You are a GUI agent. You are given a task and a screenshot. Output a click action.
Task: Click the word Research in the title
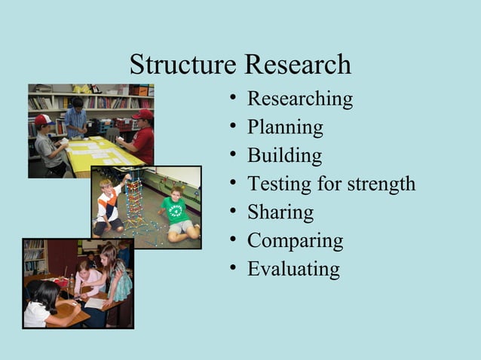click(x=296, y=65)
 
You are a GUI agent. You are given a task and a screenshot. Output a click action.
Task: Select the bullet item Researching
click(x=299, y=99)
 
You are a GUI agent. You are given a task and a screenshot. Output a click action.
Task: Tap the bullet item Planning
click(x=285, y=127)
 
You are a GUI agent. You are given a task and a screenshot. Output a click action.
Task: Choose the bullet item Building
click(x=284, y=156)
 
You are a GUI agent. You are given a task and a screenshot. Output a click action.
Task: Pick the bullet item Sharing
click(x=280, y=212)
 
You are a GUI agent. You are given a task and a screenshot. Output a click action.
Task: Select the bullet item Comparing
click(x=295, y=241)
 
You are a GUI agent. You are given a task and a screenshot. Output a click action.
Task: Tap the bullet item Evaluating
click(x=293, y=269)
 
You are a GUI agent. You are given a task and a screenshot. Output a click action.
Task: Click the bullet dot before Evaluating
click(x=236, y=269)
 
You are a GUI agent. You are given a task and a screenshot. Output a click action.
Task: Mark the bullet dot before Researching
click(x=236, y=99)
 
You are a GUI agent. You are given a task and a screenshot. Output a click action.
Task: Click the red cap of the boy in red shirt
click(x=142, y=114)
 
